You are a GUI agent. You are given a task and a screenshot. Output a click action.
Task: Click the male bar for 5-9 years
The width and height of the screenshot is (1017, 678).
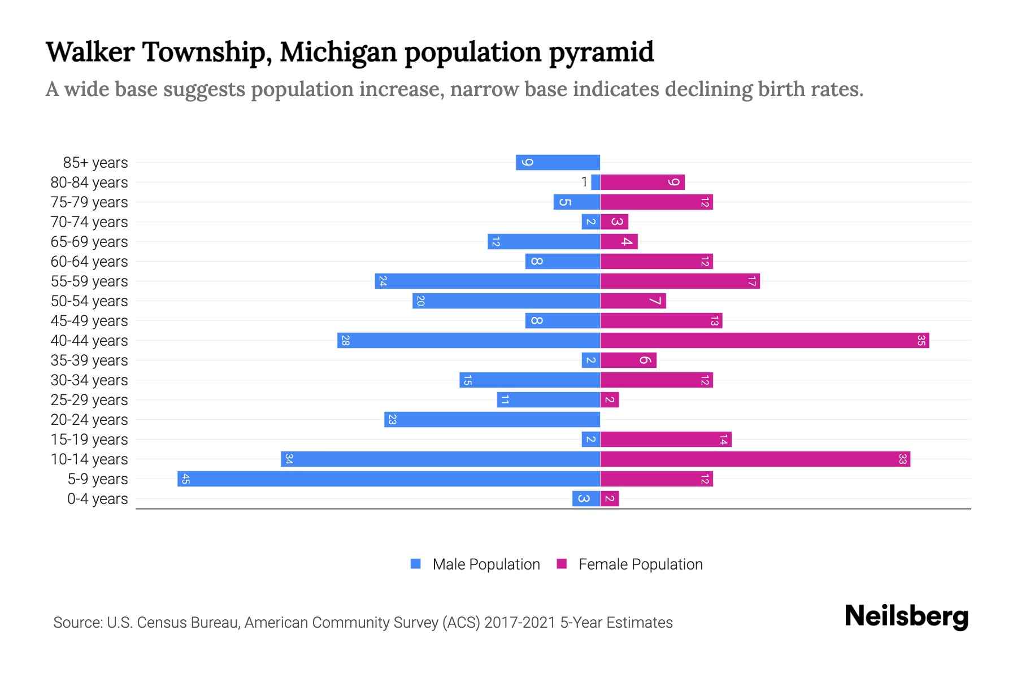coord(389,479)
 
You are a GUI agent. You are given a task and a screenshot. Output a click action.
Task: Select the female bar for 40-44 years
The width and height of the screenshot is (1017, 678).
coord(764,341)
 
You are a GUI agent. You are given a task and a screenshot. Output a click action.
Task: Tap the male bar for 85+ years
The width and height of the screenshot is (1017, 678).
coord(558,163)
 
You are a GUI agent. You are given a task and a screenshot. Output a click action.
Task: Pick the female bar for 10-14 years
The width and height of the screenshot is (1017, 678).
coord(755,459)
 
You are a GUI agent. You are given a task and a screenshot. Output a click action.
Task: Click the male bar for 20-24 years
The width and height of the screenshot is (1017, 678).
coord(492,420)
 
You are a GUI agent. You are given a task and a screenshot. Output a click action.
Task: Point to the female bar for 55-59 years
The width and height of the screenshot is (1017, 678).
coord(680,281)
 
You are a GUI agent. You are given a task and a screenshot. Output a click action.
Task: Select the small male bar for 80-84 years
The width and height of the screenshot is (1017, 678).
coord(596,182)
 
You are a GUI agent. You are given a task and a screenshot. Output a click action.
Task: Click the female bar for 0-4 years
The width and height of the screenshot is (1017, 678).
coord(610,499)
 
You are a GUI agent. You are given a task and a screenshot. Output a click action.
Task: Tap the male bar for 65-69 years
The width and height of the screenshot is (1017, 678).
coord(544,242)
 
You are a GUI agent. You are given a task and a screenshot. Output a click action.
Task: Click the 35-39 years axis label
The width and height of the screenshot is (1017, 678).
coord(89,360)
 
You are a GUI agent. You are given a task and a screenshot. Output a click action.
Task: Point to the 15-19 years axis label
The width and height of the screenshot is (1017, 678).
coord(89,440)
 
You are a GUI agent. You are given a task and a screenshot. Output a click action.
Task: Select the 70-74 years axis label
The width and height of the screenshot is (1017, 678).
coord(89,222)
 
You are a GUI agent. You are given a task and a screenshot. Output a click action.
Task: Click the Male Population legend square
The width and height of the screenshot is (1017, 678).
coord(416,564)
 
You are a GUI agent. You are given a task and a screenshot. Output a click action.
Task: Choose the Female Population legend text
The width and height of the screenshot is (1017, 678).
coord(640,564)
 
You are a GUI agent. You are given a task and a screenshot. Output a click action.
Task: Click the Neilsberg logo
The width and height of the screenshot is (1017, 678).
coord(906,616)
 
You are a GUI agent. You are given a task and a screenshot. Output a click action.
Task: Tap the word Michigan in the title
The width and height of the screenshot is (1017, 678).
coord(338,52)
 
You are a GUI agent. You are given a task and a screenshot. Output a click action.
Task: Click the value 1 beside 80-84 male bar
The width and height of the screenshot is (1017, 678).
coord(584,182)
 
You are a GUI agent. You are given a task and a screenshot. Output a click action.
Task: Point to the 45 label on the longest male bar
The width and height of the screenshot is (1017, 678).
coord(185,479)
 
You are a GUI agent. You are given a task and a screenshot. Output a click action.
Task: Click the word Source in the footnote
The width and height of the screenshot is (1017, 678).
coord(76,623)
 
